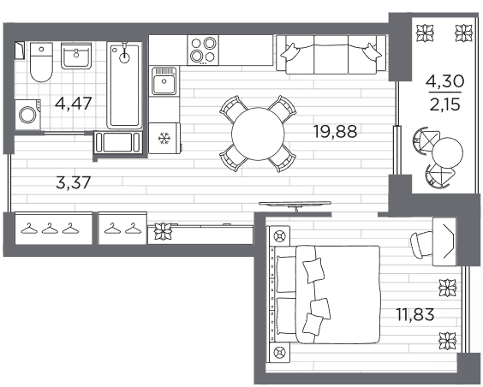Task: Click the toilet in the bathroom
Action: pyautogui.click(x=41, y=63)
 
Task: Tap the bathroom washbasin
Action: pyautogui.click(x=76, y=56)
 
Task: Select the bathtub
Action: pyautogui.click(x=124, y=86)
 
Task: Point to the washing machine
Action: pyautogui.click(x=27, y=115)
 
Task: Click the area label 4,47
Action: pyautogui.click(x=74, y=104)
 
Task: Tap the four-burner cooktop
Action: pyautogui.click(x=203, y=50)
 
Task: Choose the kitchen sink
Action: pyautogui.click(x=164, y=81)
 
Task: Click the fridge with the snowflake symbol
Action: pyautogui.click(x=164, y=138)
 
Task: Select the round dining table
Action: pyautogui.click(x=258, y=134)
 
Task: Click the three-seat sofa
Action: pyautogui.click(x=331, y=55)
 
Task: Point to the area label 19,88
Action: pyautogui.click(x=335, y=132)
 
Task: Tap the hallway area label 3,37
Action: pyautogui.click(x=74, y=182)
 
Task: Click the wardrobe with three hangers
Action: pyautogui.click(x=54, y=228)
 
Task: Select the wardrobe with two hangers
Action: pyautogui.click(x=122, y=228)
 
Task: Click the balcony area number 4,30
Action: pyautogui.click(x=444, y=81)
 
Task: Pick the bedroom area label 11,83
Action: pyautogui.click(x=415, y=314)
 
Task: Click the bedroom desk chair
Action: pyautogui.click(x=422, y=243)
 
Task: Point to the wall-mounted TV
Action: pyautogui.click(x=295, y=205)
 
